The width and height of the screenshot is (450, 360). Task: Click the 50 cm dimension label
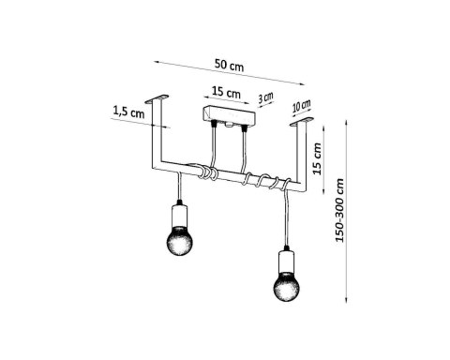pyautogui.click(x=229, y=65)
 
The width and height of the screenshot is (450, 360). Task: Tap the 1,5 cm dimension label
pyautogui.click(x=128, y=112)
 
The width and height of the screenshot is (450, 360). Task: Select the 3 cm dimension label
pyautogui.click(x=265, y=97)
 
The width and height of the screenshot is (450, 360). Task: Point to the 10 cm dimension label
pyautogui.click(x=302, y=106)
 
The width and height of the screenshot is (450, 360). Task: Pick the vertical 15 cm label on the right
pyautogui.click(x=317, y=158)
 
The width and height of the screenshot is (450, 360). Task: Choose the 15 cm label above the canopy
pyautogui.click(x=226, y=92)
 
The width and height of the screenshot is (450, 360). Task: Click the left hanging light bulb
pyautogui.click(x=179, y=241)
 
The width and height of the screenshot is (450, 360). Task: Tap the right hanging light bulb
pyautogui.click(x=286, y=286)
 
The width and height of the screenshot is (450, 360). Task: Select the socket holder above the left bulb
pyautogui.click(x=179, y=216)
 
